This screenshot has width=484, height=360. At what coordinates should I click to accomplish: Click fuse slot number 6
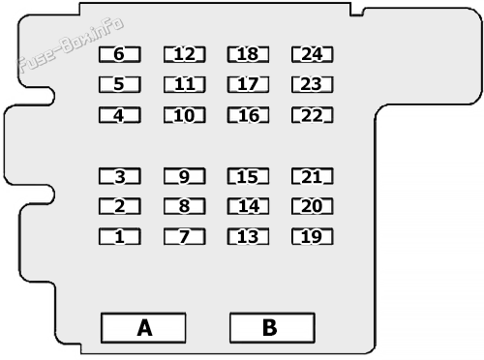point(120,54)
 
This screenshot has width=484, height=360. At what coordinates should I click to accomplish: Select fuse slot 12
point(184,54)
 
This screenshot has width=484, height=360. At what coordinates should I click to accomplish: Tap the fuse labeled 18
point(248,54)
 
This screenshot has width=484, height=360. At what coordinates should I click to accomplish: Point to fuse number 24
point(312,54)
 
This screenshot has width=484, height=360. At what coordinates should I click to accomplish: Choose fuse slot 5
point(120,84)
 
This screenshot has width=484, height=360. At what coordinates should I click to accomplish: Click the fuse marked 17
point(248,84)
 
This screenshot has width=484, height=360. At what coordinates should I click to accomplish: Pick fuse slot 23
point(312,84)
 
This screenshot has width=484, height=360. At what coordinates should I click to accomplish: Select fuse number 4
point(120,115)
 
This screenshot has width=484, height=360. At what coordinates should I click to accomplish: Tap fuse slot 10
point(184,115)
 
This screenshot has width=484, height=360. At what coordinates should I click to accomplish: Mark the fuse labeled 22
point(312,115)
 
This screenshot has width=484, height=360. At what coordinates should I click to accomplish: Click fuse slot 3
point(120,176)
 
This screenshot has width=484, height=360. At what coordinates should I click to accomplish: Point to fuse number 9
point(184,176)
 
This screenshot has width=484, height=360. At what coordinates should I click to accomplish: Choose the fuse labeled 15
point(248,176)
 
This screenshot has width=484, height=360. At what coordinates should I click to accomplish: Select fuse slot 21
point(312,176)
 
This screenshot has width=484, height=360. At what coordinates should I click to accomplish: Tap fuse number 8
point(184,206)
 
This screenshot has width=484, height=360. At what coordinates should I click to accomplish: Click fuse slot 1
point(120,236)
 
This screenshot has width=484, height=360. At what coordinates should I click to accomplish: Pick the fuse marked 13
point(248,236)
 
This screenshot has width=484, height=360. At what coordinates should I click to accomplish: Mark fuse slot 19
point(312,236)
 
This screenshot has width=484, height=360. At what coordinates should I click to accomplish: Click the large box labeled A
point(142,328)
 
